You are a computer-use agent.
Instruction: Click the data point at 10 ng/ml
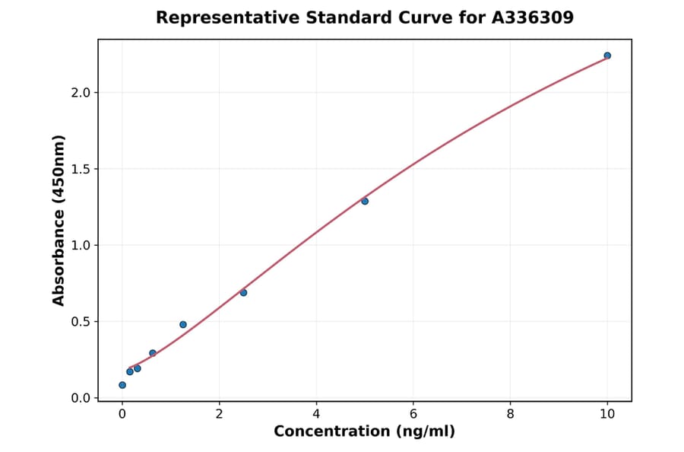coord(607,56)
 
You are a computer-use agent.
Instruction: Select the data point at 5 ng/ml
coord(365,201)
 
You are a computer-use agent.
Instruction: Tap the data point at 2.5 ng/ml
coord(243,292)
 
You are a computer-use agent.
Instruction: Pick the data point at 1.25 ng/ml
coord(183,324)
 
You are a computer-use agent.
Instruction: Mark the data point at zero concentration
coord(122,385)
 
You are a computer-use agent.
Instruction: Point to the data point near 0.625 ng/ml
coord(153,353)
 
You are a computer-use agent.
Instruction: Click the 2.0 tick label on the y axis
coord(80,93)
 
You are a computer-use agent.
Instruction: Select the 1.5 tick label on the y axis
coord(80,169)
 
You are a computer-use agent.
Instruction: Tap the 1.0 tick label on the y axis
coord(80,245)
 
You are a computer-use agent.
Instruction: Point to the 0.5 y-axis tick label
coord(80,322)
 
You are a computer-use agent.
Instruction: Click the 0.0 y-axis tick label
coord(80,398)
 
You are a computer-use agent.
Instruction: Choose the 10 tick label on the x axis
coord(607,414)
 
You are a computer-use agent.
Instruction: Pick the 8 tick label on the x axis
coord(510,414)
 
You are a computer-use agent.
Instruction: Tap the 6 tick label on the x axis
coord(413,414)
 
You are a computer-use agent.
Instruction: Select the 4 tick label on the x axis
coord(316,414)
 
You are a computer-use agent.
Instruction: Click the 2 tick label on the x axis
coord(220,414)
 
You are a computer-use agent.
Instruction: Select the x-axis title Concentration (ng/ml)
coord(365,432)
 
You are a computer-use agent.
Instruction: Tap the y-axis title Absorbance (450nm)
coord(59,221)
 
